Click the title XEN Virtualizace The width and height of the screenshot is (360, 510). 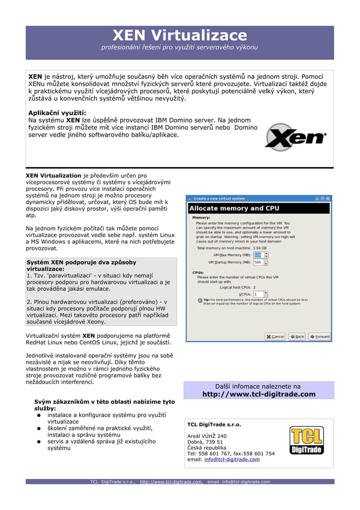[179, 36]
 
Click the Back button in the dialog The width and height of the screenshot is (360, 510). [297, 337]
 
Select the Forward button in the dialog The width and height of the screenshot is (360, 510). [320, 337]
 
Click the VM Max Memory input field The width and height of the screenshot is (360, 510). [257, 255]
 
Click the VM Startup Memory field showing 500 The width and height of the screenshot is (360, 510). [257, 262]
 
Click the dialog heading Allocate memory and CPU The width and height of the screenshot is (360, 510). [234, 208]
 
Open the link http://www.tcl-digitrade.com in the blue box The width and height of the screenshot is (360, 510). [258, 394]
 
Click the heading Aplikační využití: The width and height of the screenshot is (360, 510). [57, 112]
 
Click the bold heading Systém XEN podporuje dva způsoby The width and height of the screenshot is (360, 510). [81, 263]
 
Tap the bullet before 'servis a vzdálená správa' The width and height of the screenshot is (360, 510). [39, 442]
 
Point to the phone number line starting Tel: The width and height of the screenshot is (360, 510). [231, 454]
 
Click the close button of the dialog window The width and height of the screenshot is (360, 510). [328, 199]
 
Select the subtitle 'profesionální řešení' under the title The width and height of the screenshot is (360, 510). [179, 47]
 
